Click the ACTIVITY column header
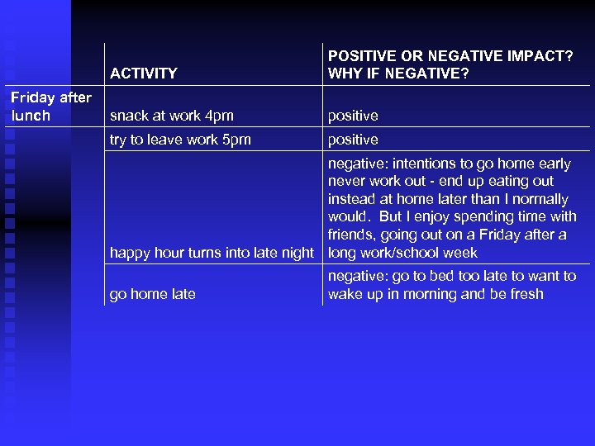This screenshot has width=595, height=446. [x=144, y=74]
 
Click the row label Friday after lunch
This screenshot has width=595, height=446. [x=50, y=107]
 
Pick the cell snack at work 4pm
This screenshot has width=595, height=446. [x=172, y=116]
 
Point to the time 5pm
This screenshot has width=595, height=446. [x=236, y=140]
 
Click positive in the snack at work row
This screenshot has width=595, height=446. [x=353, y=116]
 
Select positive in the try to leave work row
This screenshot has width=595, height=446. [x=353, y=140]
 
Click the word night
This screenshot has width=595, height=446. [x=297, y=253]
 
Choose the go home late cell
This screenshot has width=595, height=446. [x=152, y=294]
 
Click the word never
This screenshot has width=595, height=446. [x=347, y=181]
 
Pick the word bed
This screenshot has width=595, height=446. [x=430, y=276]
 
